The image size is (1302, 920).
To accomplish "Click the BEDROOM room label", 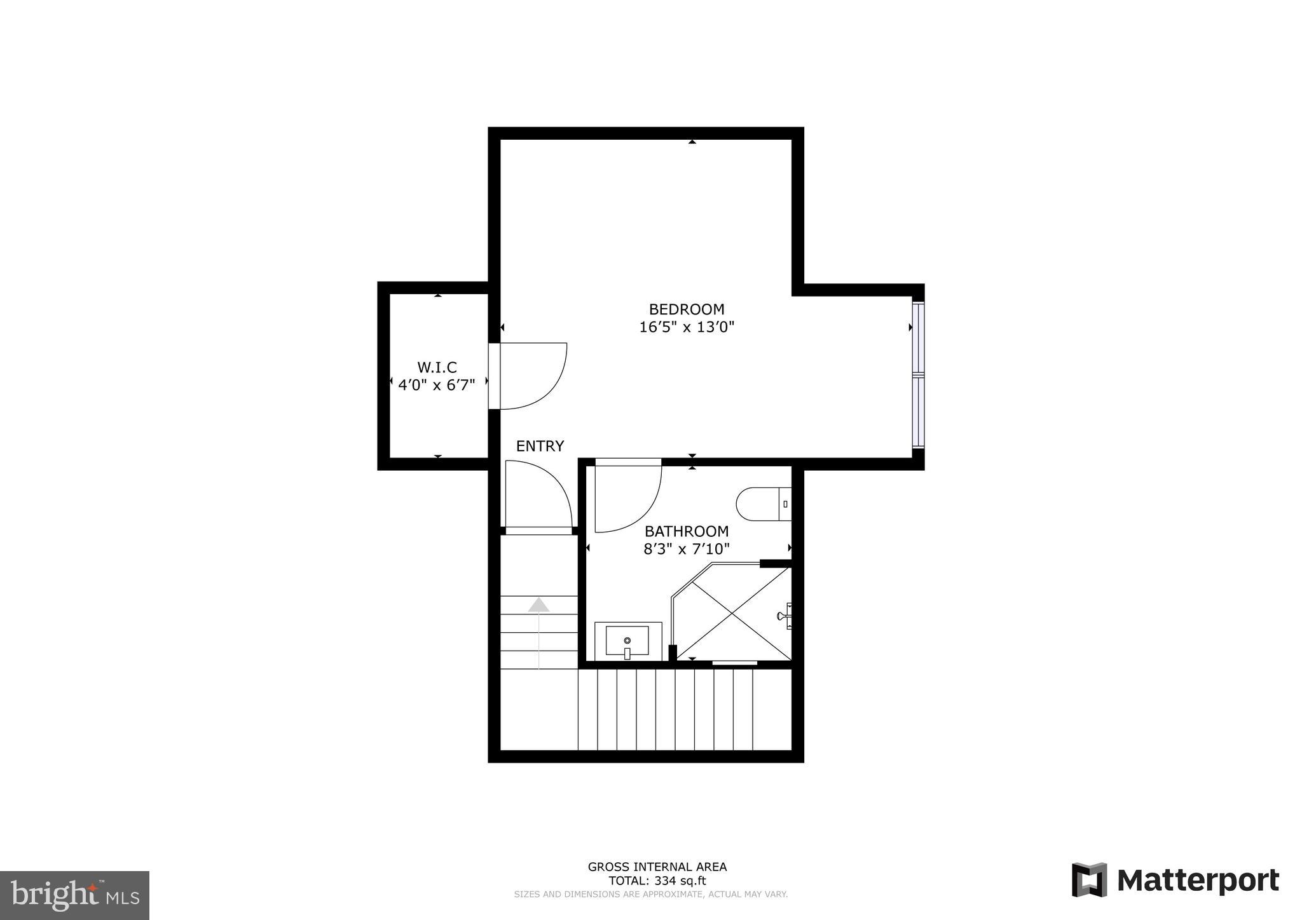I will [x=686, y=309].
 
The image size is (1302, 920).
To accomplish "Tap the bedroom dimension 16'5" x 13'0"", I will [x=687, y=327].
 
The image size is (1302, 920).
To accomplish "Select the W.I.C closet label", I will [x=437, y=367].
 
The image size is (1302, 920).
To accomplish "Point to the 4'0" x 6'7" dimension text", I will [x=437, y=385].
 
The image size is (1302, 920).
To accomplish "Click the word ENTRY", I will [x=540, y=446].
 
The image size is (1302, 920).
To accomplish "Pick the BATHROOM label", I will [x=687, y=531].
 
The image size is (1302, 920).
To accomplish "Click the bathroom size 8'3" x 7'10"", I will [x=687, y=549].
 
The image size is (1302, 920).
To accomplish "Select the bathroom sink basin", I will [x=627, y=640].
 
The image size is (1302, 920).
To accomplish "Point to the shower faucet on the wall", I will [x=785, y=616].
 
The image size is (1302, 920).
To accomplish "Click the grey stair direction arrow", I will [x=538, y=605].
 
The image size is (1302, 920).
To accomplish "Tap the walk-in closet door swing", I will [x=533, y=376].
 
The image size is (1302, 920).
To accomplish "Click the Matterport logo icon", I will [x=1089, y=880].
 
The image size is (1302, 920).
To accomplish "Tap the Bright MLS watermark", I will [x=74, y=895].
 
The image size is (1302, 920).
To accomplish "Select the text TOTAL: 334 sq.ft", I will [x=657, y=881].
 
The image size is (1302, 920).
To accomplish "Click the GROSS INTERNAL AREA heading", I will [x=657, y=867].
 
